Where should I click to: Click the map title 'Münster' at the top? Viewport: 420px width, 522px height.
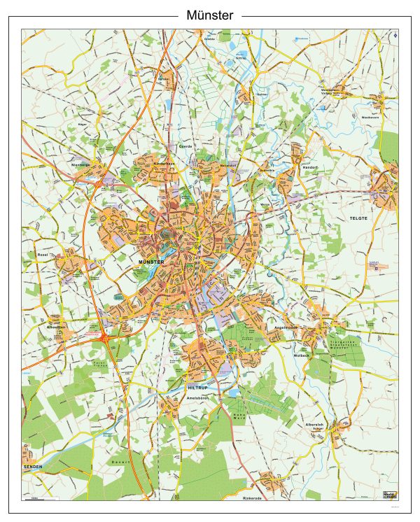[x=210, y=15]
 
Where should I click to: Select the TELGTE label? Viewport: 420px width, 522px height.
[x=358, y=219]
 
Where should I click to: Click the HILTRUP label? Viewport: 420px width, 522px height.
[x=199, y=387]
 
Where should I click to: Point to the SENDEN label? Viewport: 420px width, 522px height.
[x=33, y=466]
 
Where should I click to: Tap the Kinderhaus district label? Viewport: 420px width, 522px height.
[x=165, y=162]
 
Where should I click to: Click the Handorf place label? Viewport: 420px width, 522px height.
[x=309, y=168]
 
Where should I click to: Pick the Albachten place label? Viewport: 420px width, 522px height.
[x=56, y=327]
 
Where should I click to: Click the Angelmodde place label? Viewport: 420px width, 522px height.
[x=288, y=326]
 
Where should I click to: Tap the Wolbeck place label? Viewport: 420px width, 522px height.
[x=301, y=355]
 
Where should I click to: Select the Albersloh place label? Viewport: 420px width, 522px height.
[x=314, y=425]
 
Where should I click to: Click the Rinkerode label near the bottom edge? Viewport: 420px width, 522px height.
[x=251, y=498]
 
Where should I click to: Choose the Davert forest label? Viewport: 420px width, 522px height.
[x=120, y=463]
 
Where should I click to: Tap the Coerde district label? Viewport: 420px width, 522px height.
[x=185, y=146]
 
